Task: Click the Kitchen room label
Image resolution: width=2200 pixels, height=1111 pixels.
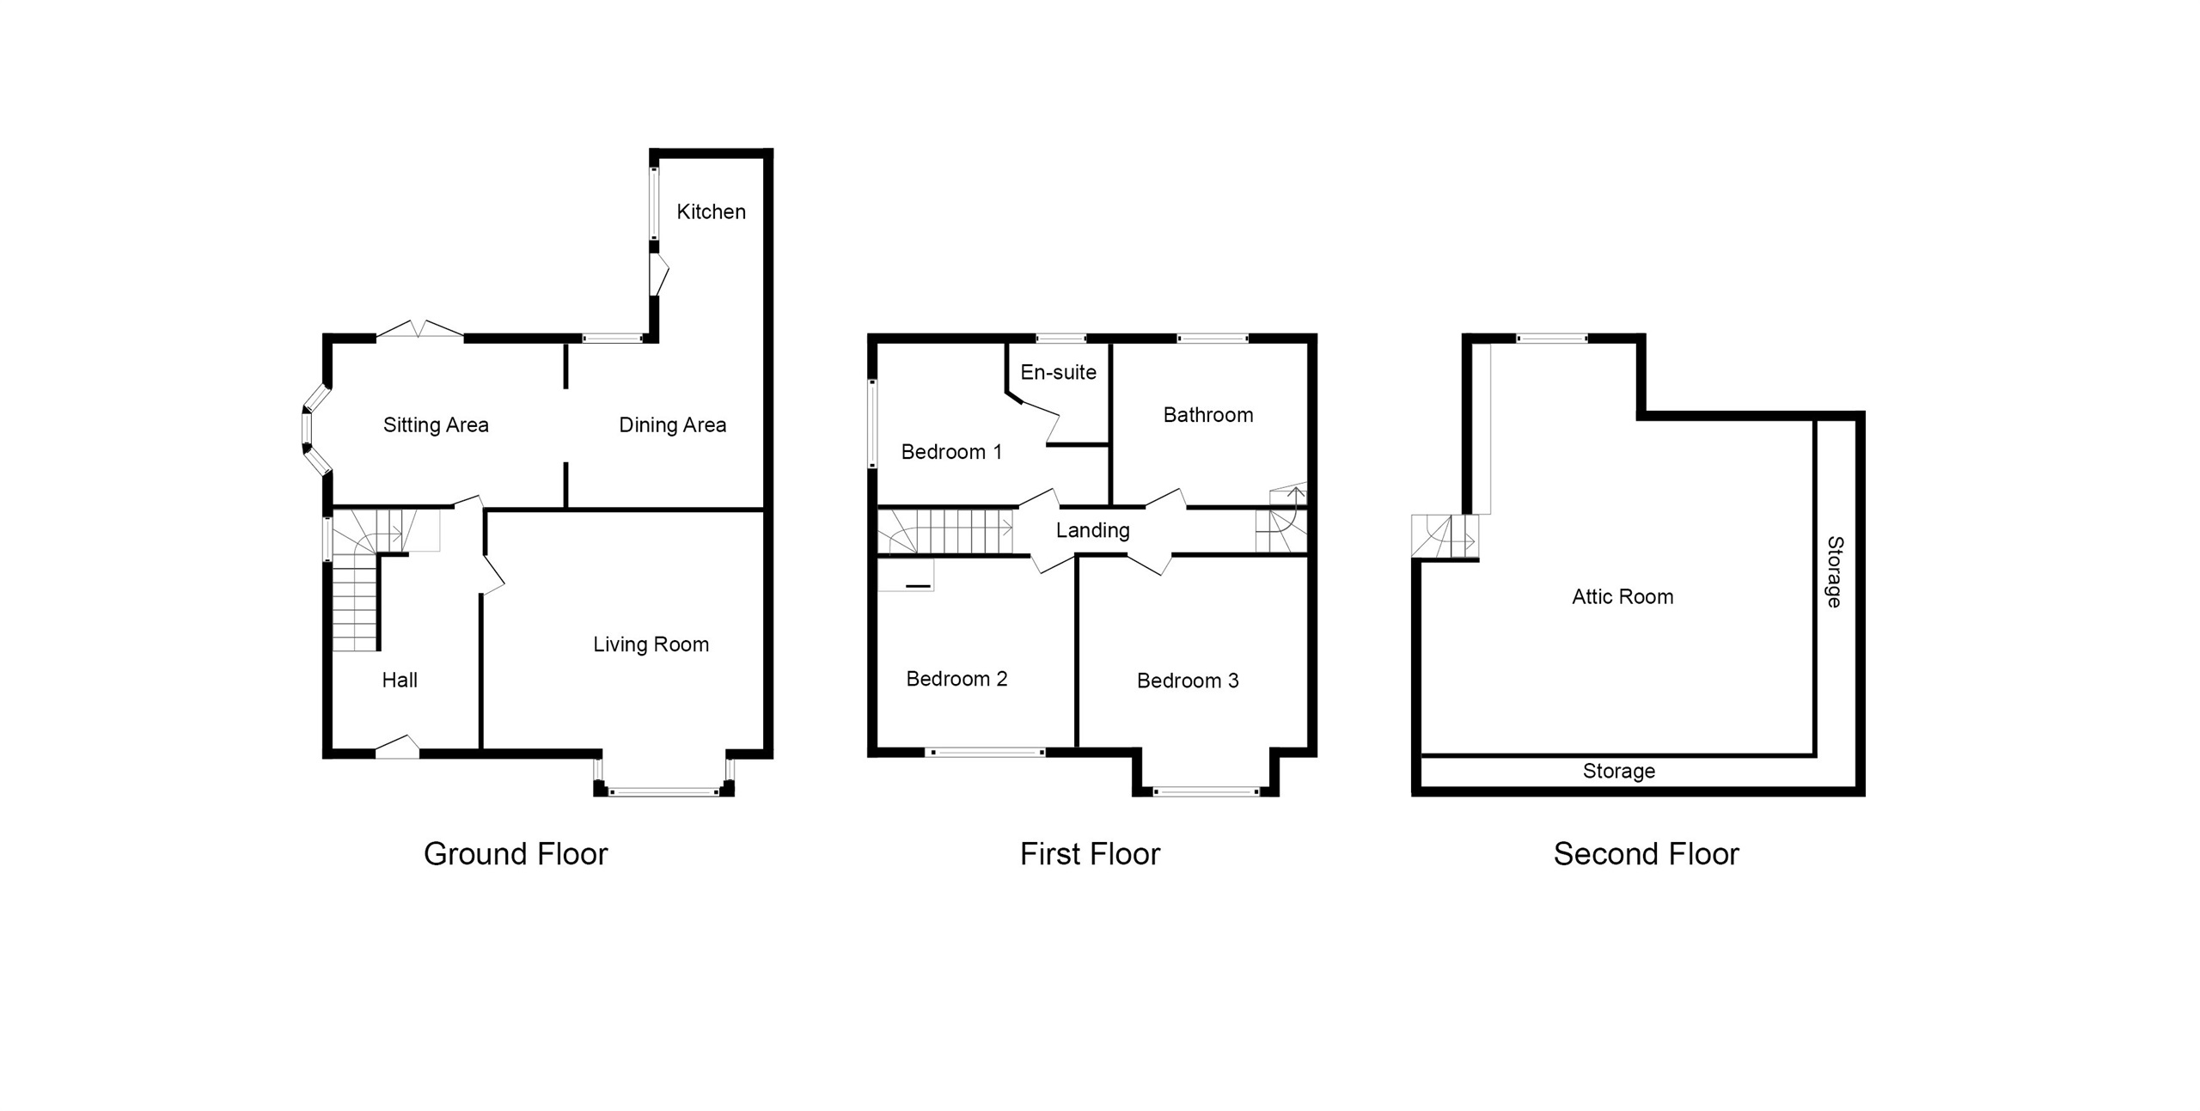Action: (711, 211)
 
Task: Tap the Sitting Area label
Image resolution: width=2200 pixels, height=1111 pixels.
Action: (436, 424)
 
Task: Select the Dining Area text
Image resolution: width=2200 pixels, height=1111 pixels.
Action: (672, 424)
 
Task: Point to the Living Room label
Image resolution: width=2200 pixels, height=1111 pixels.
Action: (651, 644)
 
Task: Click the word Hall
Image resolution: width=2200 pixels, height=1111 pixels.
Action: (400, 681)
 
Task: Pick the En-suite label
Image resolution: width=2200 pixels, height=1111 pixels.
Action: (1058, 372)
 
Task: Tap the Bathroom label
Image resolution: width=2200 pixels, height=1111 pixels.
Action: (1207, 415)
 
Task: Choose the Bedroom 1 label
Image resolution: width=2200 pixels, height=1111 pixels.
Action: (951, 452)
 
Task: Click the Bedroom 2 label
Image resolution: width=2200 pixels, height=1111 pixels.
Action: (956, 679)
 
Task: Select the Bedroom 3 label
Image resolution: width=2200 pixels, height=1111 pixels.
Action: (1188, 681)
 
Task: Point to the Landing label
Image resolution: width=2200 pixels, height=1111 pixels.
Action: (1092, 530)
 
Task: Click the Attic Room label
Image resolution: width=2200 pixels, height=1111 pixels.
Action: (1622, 597)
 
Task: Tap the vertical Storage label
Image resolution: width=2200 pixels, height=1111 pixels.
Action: (1834, 572)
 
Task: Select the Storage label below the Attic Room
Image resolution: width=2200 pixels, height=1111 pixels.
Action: (1619, 772)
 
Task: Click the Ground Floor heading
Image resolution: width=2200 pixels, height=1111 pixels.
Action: (516, 854)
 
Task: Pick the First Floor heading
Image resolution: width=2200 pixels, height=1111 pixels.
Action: (1090, 854)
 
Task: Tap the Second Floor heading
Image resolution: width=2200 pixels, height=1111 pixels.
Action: (1646, 854)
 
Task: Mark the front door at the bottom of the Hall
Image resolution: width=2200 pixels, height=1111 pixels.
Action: (397, 748)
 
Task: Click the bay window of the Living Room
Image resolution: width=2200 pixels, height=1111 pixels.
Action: (663, 791)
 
